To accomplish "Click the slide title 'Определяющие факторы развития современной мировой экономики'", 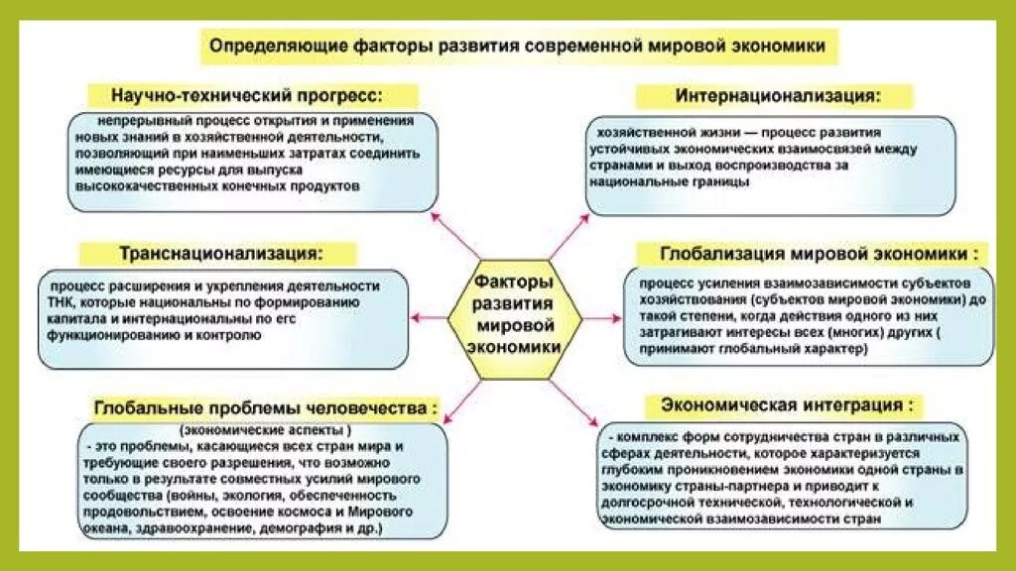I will coord(520,46).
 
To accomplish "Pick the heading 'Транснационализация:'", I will coord(221,252).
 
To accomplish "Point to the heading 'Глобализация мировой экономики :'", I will coord(812,253).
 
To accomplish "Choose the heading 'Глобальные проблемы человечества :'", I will coord(266,406).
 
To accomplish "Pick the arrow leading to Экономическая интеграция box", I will coord(574,399).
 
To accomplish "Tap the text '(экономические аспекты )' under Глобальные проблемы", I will coord(265,431).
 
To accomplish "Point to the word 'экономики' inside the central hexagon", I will coord(513,347).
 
